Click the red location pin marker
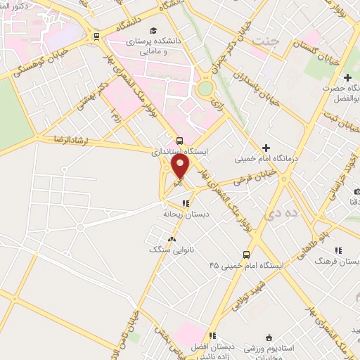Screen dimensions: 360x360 coord(181,167)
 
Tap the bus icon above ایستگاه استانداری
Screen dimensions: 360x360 coord(181,140)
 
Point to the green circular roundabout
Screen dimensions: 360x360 coord(205,89)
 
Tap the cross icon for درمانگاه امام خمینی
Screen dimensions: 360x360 coord(266,148)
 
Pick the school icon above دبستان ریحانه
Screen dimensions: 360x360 coord(186,202)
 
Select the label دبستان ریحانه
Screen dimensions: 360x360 coord(183,213)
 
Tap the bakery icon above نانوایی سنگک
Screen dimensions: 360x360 coord(171,239)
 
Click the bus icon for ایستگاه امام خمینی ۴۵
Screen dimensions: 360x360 coord(246,255)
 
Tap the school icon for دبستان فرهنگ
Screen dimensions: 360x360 coord(338,250)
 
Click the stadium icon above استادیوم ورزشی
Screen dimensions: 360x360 coord(267,337)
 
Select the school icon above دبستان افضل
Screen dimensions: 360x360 coord(212,336)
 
